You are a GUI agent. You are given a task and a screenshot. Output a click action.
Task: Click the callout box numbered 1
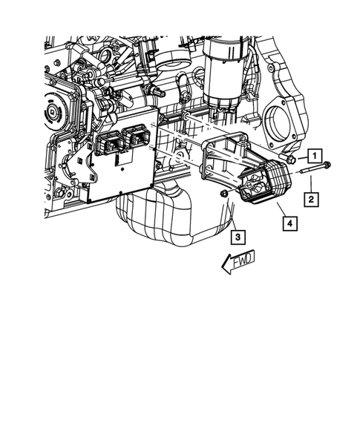(315, 156)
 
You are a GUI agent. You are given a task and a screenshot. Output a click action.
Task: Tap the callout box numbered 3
(237, 237)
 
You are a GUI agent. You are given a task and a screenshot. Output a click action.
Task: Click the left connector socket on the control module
(111, 142)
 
